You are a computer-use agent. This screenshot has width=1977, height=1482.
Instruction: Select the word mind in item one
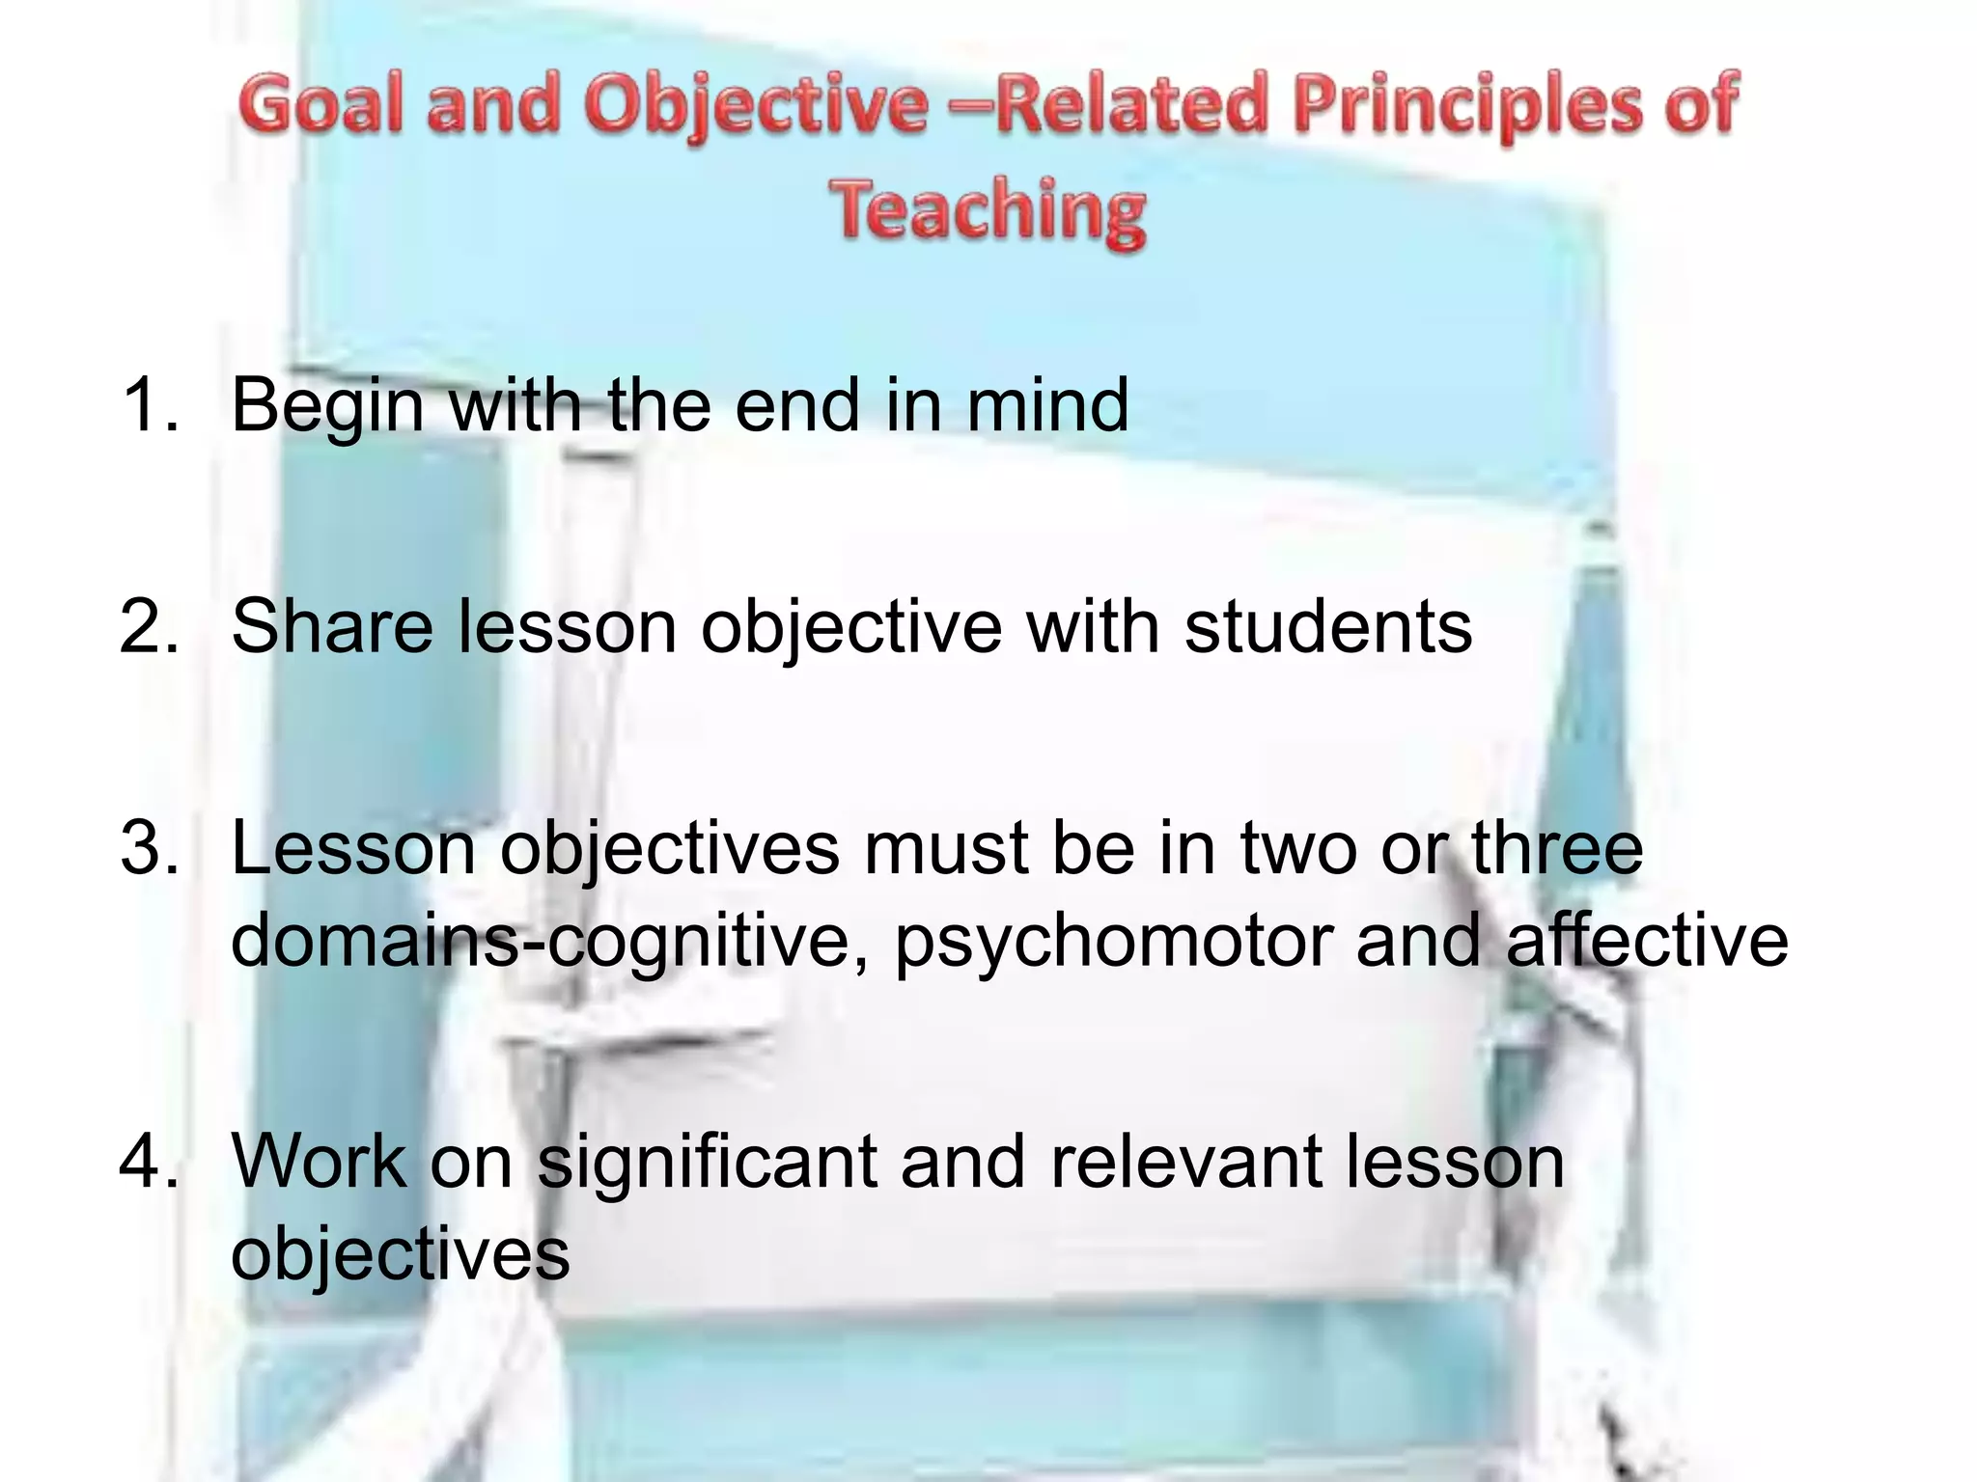coord(1047,404)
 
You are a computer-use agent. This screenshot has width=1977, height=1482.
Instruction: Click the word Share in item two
coord(332,627)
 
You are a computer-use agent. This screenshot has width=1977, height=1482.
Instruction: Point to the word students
coord(1327,627)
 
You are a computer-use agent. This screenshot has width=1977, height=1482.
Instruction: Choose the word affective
coord(1646,940)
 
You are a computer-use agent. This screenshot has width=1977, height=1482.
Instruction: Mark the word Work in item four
coord(319,1162)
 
